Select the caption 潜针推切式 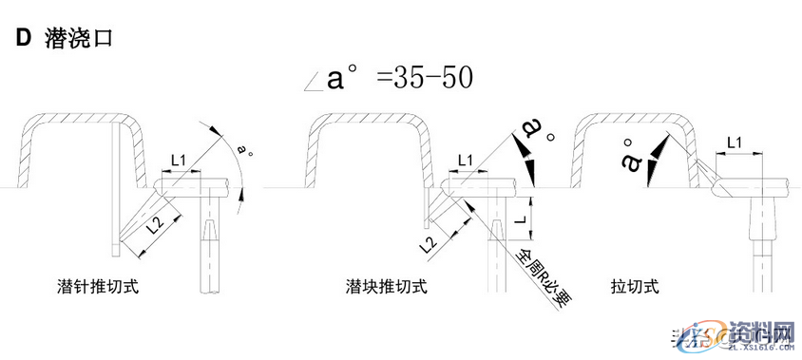pyautogui.click(x=97, y=285)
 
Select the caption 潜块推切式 pyautogui.click(x=386, y=285)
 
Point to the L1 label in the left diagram pyautogui.click(x=180, y=158)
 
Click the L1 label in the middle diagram pyautogui.click(x=468, y=159)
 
